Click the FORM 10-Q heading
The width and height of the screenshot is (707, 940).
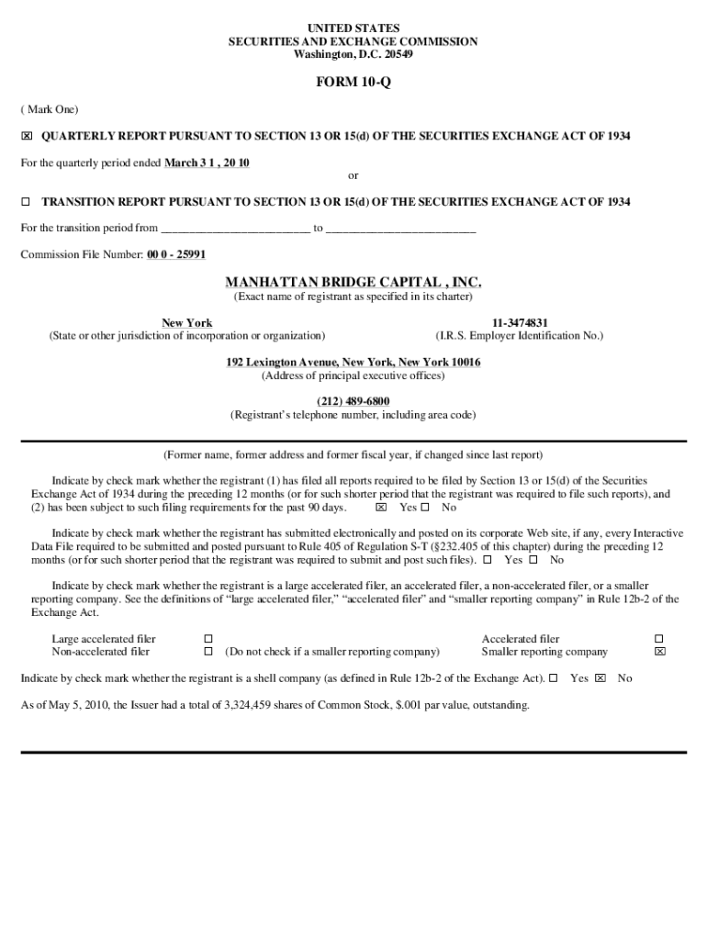[353, 83]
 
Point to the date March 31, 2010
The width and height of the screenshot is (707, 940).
[207, 162]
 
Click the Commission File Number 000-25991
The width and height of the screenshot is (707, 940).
[175, 254]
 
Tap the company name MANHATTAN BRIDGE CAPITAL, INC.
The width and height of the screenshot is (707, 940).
[353, 282]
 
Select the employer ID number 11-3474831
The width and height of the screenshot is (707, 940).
[520, 323]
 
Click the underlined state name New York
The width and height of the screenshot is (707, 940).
[186, 323]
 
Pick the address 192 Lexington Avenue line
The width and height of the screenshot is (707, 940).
[353, 363]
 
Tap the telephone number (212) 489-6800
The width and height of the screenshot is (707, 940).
[353, 401]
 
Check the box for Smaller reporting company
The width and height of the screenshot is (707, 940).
[658, 652]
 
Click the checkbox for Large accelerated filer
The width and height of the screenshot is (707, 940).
[208, 639]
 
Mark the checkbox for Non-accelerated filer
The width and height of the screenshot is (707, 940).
[208, 652]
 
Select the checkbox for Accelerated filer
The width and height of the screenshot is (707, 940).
[658, 639]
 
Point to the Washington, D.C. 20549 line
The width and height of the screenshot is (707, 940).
[353, 54]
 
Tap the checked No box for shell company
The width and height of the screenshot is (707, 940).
[600, 678]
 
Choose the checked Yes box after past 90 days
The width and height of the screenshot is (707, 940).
[381, 508]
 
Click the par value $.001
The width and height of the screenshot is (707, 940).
[408, 706]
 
